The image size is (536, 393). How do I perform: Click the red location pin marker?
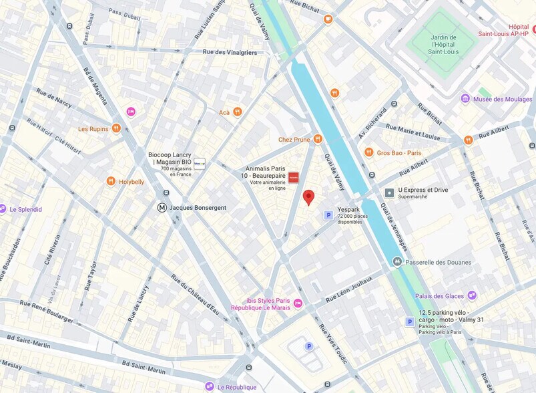tap(308, 197)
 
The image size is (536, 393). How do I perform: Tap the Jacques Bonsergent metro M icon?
tap(162, 208)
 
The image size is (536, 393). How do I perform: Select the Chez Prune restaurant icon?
tap(318, 139)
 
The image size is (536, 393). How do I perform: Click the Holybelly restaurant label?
tap(131, 182)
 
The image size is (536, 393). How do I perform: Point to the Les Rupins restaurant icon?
tap(116, 128)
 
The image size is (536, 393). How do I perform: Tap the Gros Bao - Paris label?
tap(398, 152)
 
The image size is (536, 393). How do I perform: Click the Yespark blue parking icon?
tap(328, 215)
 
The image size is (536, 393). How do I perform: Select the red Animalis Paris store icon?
tap(294, 178)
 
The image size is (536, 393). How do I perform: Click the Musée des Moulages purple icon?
tap(465, 99)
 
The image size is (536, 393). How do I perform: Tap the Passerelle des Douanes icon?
tap(398, 262)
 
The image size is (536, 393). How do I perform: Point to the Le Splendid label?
tap(25, 209)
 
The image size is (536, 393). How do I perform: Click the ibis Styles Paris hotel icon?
tap(298, 303)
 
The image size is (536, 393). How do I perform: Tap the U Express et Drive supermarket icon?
tap(389, 192)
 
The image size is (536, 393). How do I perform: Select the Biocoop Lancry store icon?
tap(199, 162)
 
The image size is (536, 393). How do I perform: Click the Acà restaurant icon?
tap(237, 112)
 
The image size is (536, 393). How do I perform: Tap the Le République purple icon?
tap(210, 386)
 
